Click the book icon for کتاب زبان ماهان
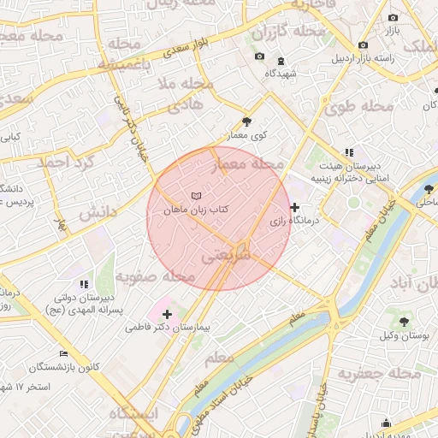(x=197, y=196)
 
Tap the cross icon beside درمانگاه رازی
(x=295, y=207)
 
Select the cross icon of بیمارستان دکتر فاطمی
(x=167, y=314)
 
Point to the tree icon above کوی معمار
(x=247, y=121)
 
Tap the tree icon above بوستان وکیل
(x=405, y=323)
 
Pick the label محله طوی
(x=358, y=106)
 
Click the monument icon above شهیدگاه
(x=282, y=61)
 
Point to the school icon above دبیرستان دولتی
(x=83, y=283)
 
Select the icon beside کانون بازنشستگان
(x=62, y=353)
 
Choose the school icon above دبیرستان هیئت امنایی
(x=348, y=152)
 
